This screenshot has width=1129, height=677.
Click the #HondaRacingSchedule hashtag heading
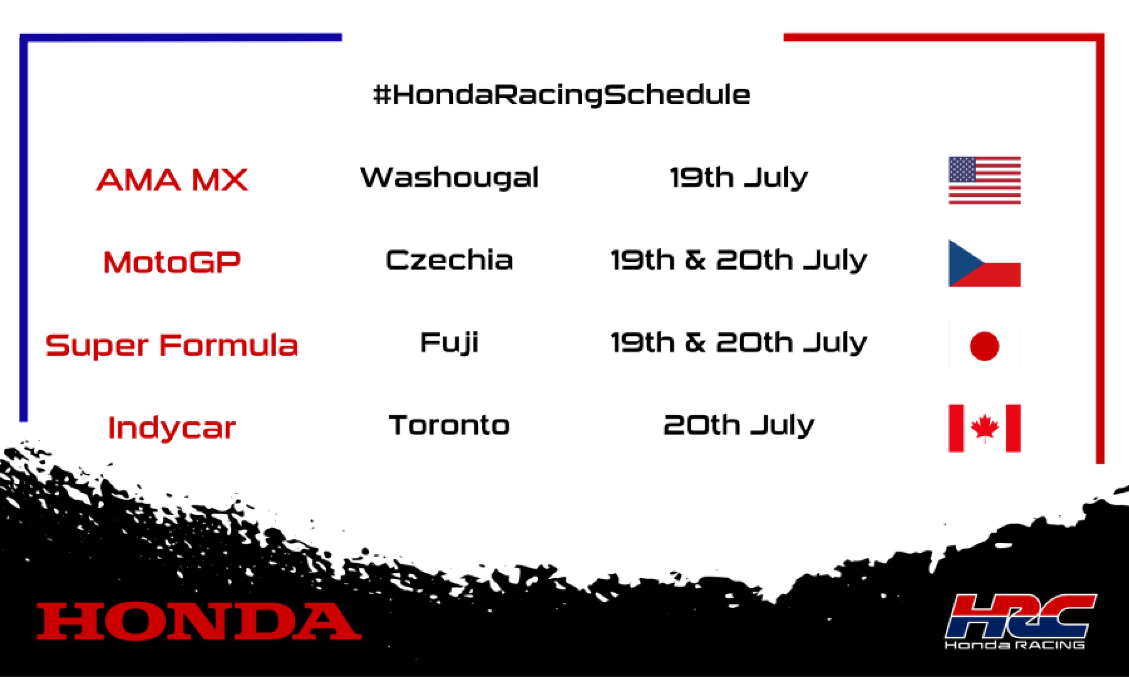click(561, 95)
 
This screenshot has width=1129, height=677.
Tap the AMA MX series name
click(172, 180)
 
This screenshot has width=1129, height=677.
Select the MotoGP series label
click(172, 262)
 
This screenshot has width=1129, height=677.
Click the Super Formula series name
click(172, 345)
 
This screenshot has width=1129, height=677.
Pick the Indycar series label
click(172, 428)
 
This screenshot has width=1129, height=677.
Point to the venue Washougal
click(449, 178)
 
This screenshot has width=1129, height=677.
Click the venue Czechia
click(449, 260)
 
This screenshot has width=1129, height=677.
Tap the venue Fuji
click(449, 343)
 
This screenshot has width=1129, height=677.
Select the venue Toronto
click(449, 425)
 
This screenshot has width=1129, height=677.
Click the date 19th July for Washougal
click(739, 178)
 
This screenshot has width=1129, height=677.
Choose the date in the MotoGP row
click(739, 260)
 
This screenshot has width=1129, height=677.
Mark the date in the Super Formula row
click(739, 343)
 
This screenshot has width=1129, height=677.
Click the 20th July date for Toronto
click(739, 425)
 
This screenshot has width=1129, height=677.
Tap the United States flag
click(984, 180)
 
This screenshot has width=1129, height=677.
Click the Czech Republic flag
click(984, 263)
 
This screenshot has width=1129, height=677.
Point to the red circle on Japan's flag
click(984, 346)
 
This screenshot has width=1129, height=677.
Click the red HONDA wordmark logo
click(199, 621)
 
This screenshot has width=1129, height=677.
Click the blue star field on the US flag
click(962, 170)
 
